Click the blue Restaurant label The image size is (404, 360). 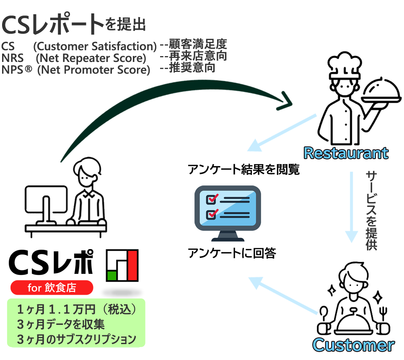point(346,153)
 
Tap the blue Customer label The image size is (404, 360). point(353,345)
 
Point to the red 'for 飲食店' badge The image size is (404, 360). point(52,288)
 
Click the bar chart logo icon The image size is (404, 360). point(122,265)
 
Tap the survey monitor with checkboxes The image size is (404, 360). point(228,212)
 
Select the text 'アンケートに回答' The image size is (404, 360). point(232,253)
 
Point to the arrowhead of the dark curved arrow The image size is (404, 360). point(286,100)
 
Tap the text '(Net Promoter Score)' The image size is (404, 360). point(93,70)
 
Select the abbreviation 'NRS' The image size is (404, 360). point(13,57)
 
